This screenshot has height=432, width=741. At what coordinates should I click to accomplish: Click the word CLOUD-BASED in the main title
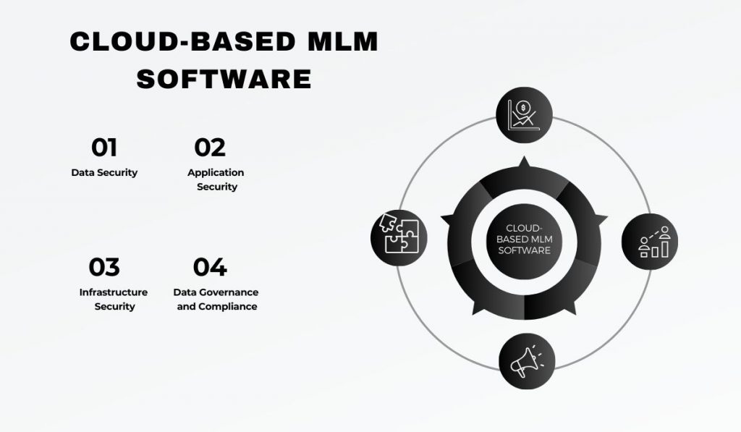click(x=183, y=41)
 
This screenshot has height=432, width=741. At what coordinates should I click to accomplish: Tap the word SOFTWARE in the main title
click(x=224, y=79)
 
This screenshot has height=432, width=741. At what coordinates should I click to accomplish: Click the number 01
click(x=104, y=148)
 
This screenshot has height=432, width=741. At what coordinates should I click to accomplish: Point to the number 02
click(x=210, y=148)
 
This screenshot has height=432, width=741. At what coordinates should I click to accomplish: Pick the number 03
click(x=104, y=267)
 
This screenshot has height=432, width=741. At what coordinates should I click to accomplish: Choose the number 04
click(x=210, y=267)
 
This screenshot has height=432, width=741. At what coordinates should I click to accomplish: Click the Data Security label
click(x=104, y=172)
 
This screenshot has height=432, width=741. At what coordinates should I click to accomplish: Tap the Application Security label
click(x=216, y=179)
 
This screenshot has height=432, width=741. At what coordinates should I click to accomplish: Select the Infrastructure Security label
click(x=114, y=299)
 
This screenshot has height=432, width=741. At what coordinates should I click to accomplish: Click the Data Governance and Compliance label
click(x=216, y=299)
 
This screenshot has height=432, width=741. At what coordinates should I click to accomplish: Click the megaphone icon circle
click(x=527, y=362)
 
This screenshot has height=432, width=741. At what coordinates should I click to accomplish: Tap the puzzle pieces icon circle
click(x=399, y=237)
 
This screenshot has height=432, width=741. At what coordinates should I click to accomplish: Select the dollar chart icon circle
click(x=524, y=115)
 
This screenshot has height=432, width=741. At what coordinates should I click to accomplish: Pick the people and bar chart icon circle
click(x=650, y=242)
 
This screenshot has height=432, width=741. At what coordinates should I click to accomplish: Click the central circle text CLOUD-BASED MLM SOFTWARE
click(x=524, y=240)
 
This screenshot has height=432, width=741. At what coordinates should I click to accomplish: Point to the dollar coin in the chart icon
click(x=522, y=107)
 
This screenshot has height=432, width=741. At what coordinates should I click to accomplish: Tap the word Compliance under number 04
click(x=227, y=307)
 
